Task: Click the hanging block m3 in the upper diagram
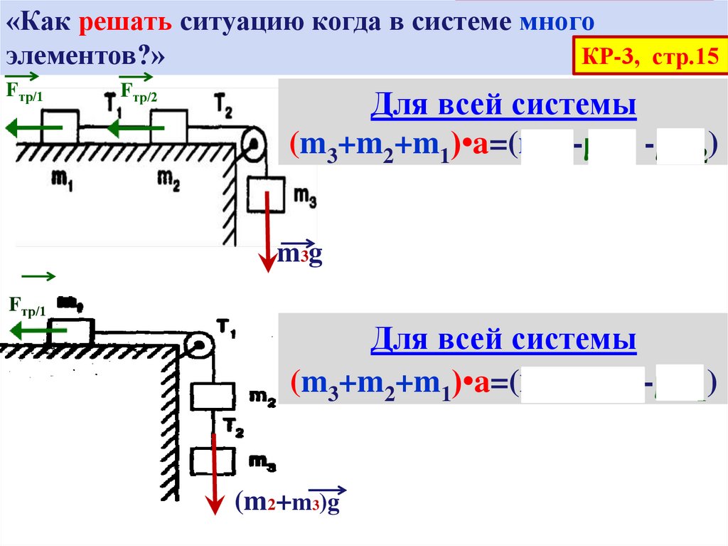pyautogui.click(x=265, y=196)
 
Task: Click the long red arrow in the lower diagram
pyautogui.click(x=213, y=470)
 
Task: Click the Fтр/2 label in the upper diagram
pyautogui.click(x=139, y=90)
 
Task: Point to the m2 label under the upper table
pyautogui.click(x=168, y=182)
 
